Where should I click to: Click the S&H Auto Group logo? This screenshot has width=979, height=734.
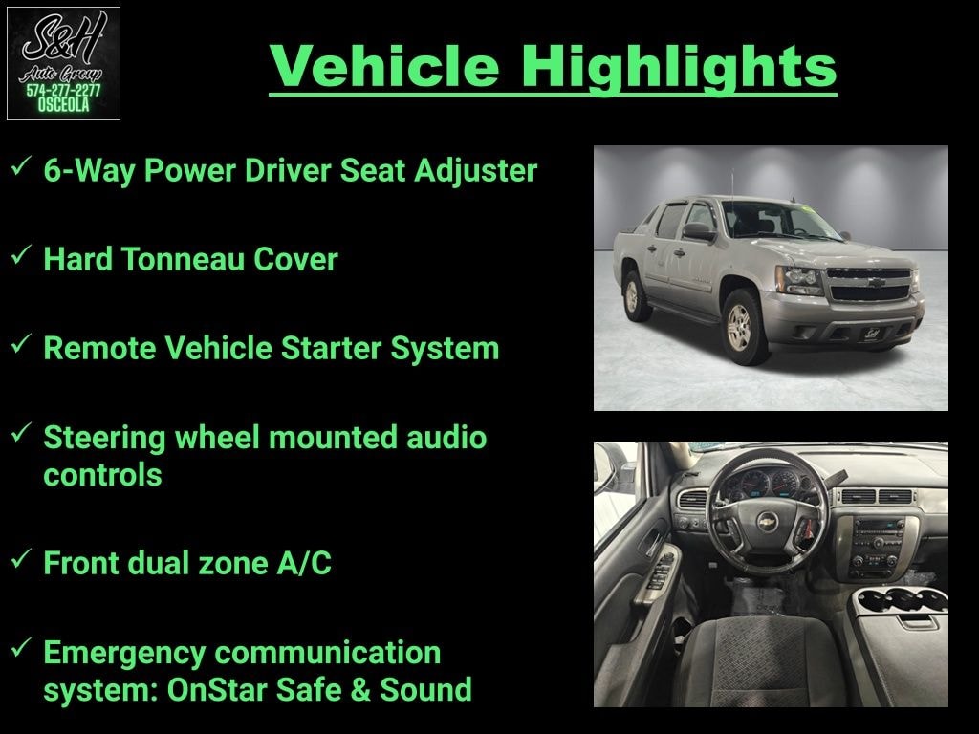(x=63, y=63)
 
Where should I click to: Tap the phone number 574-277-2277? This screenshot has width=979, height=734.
(x=63, y=91)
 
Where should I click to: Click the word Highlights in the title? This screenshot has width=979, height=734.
(x=679, y=68)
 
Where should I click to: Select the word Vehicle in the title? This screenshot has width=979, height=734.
(x=384, y=66)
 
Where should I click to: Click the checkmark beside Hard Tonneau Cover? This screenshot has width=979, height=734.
(x=21, y=254)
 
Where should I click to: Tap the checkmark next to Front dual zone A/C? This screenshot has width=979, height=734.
(x=21, y=558)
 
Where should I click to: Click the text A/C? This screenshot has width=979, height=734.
(x=304, y=563)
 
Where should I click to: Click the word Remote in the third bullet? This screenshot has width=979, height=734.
(x=99, y=348)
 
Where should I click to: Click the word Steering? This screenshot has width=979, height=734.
(x=104, y=439)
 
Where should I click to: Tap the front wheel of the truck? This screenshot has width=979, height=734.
(x=741, y=327)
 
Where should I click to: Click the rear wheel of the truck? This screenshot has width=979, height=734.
(x=632, y=296)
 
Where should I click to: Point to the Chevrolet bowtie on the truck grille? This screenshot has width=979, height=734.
(x=876, y=282)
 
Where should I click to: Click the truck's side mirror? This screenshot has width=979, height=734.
(x=698, y=231)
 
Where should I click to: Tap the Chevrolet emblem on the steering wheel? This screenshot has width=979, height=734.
(x=767, y=521)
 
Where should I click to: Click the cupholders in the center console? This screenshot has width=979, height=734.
(x=901, y=600)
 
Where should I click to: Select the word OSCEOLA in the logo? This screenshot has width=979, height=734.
(x=63, y=105)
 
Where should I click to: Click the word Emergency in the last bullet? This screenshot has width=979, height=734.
(x=124, y=654)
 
